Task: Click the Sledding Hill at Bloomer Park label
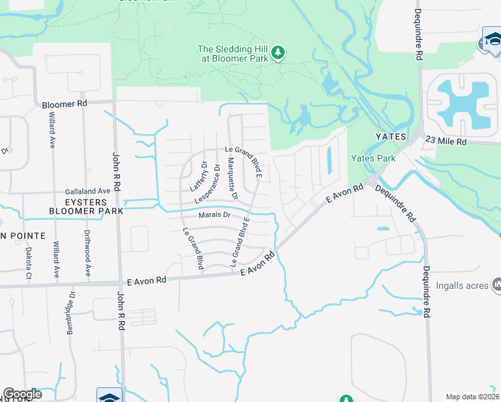coord(233,53)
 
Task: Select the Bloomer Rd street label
coord(64,105)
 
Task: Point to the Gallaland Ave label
coord(87,191)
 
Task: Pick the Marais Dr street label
coord(214,215)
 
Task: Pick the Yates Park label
coord(373,158)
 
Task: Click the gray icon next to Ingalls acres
coord(496,285)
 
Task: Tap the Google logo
coord(22,394)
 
